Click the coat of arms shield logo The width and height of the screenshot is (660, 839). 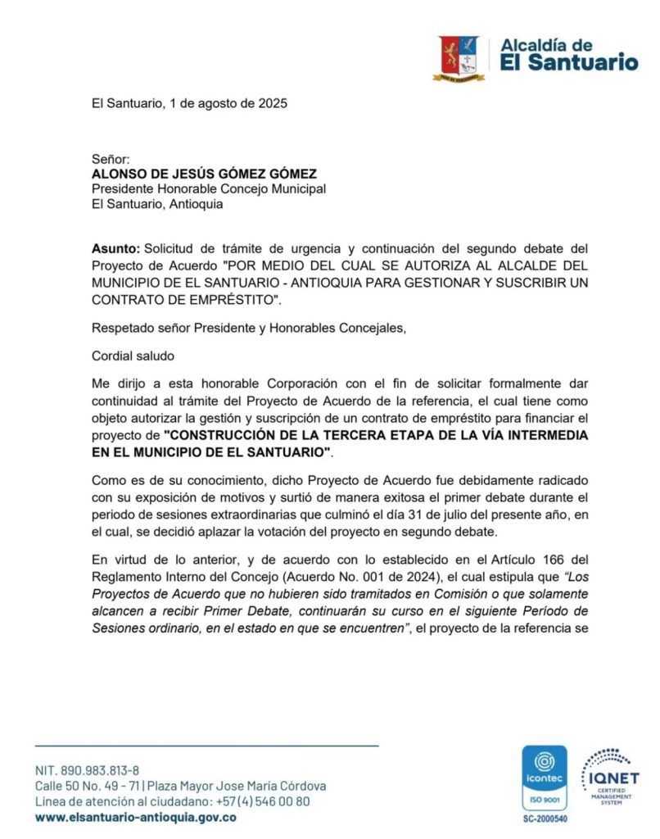click(459, 57)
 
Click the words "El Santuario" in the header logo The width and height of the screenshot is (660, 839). click(568, 61)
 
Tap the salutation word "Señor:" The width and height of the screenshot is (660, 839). click(111, 160)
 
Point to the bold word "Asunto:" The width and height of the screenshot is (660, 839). click(115, 248)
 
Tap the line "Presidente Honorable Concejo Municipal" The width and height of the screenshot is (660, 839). click(208, 189)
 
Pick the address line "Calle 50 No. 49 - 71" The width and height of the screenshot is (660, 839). click(85, 786)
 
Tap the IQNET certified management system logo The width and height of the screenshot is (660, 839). click(609, 775)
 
